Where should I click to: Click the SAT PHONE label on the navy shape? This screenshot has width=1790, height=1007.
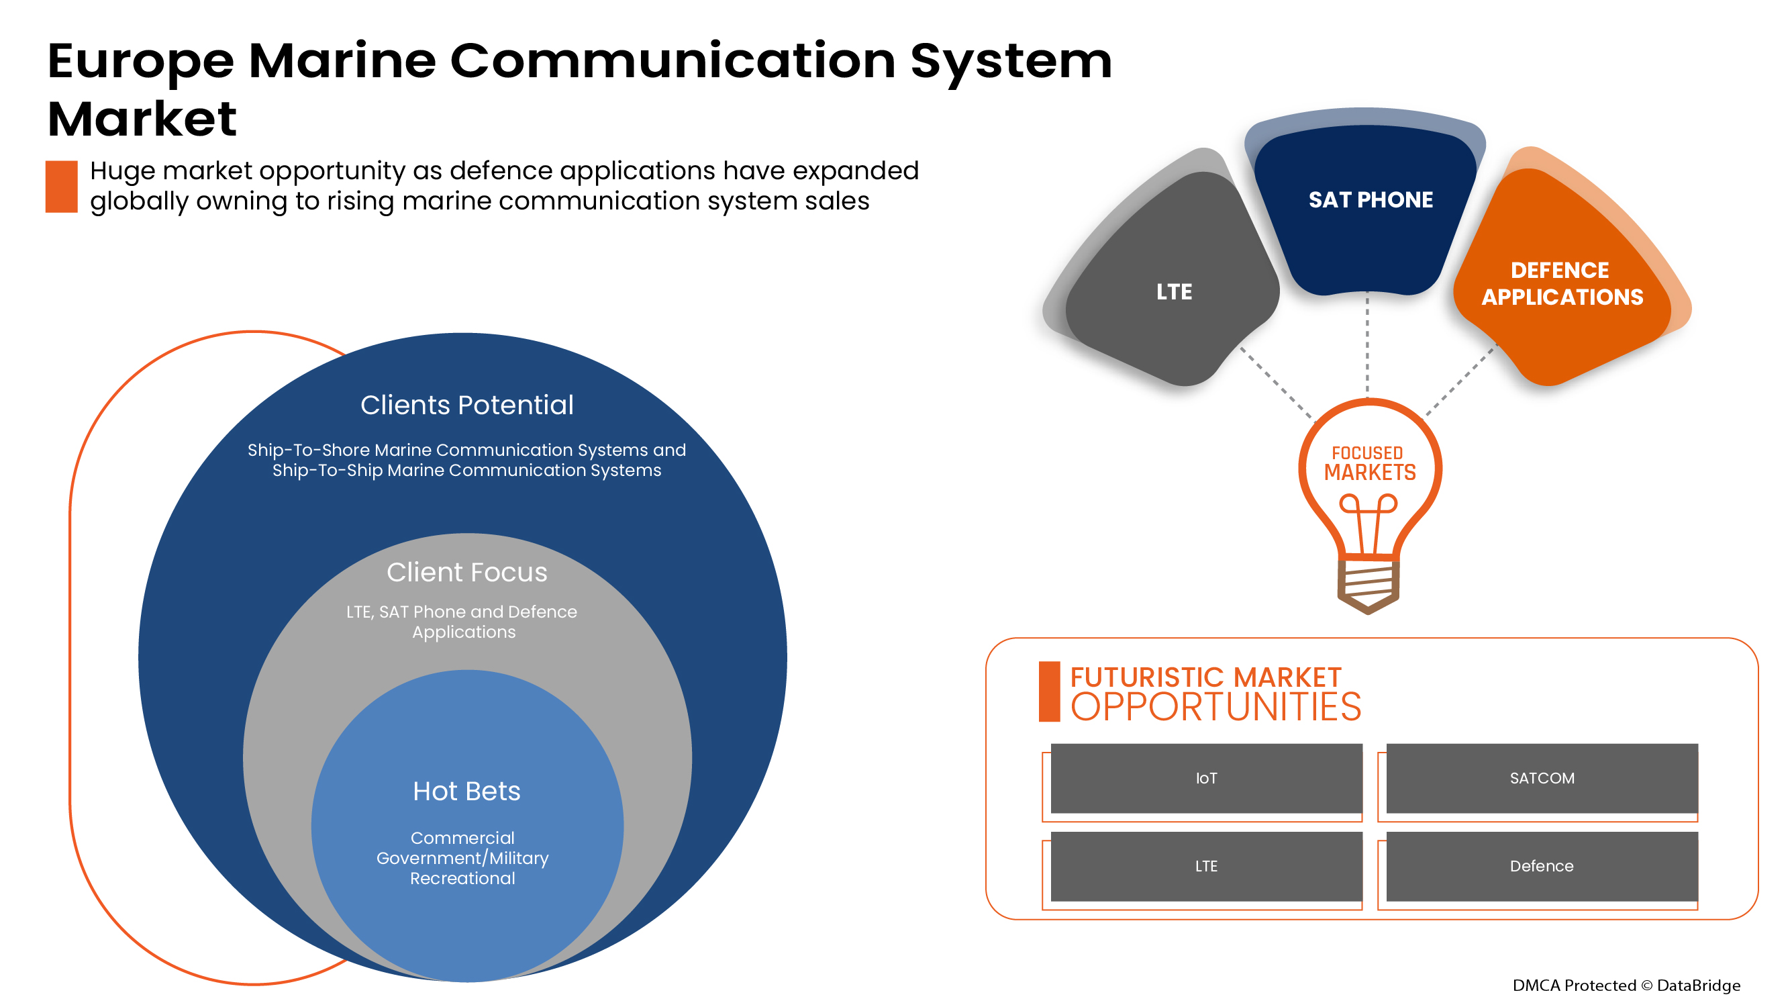click(1371, 199)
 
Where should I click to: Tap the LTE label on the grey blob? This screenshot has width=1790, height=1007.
click(1174, 291)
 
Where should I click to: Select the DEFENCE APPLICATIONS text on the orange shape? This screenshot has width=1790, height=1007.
click(1561, 283)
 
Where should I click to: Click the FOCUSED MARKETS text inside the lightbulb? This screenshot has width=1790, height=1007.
click(1369, 463)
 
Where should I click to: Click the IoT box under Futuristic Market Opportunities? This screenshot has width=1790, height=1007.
click(1205, 777)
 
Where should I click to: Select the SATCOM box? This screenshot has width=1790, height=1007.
click(1541, 777)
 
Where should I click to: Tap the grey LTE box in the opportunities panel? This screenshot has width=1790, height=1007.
click(1205, 865)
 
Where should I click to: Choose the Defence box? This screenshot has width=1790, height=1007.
click(1541, 865)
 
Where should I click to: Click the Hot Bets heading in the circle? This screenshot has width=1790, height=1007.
click(466, 791)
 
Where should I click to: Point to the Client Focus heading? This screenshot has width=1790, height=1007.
click(466, 572)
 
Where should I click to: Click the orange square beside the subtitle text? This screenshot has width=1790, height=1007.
click(61, 186)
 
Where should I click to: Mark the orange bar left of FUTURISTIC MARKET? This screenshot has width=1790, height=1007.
click(1048, 691)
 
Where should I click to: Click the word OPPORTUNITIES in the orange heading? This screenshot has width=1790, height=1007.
click(1215, 708)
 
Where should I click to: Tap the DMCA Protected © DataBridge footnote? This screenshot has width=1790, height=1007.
click(1626, 985)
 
